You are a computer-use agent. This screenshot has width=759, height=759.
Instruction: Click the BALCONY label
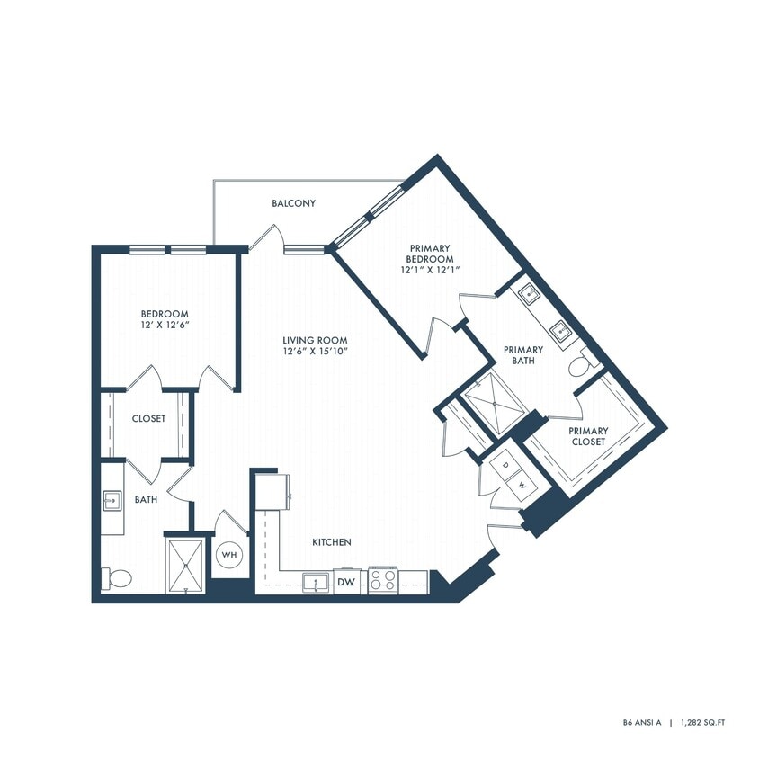(x=294, y=203)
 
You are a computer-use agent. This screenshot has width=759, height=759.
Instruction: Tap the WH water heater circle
(x=229, y=555)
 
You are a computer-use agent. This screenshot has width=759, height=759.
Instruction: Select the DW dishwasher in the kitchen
(x=347, y=583)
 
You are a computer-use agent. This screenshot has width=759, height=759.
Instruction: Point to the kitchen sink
(x=316, y=582)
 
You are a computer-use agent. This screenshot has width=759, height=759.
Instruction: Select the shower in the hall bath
(x=186, y=564)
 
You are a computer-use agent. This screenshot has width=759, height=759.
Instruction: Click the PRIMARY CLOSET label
(x=587, y=436)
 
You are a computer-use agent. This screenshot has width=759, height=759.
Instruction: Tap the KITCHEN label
(x=331, y=542)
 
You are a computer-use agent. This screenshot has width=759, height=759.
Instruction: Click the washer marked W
(x=521, y=486)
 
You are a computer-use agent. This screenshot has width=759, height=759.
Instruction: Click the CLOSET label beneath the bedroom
(x=148, y=418)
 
